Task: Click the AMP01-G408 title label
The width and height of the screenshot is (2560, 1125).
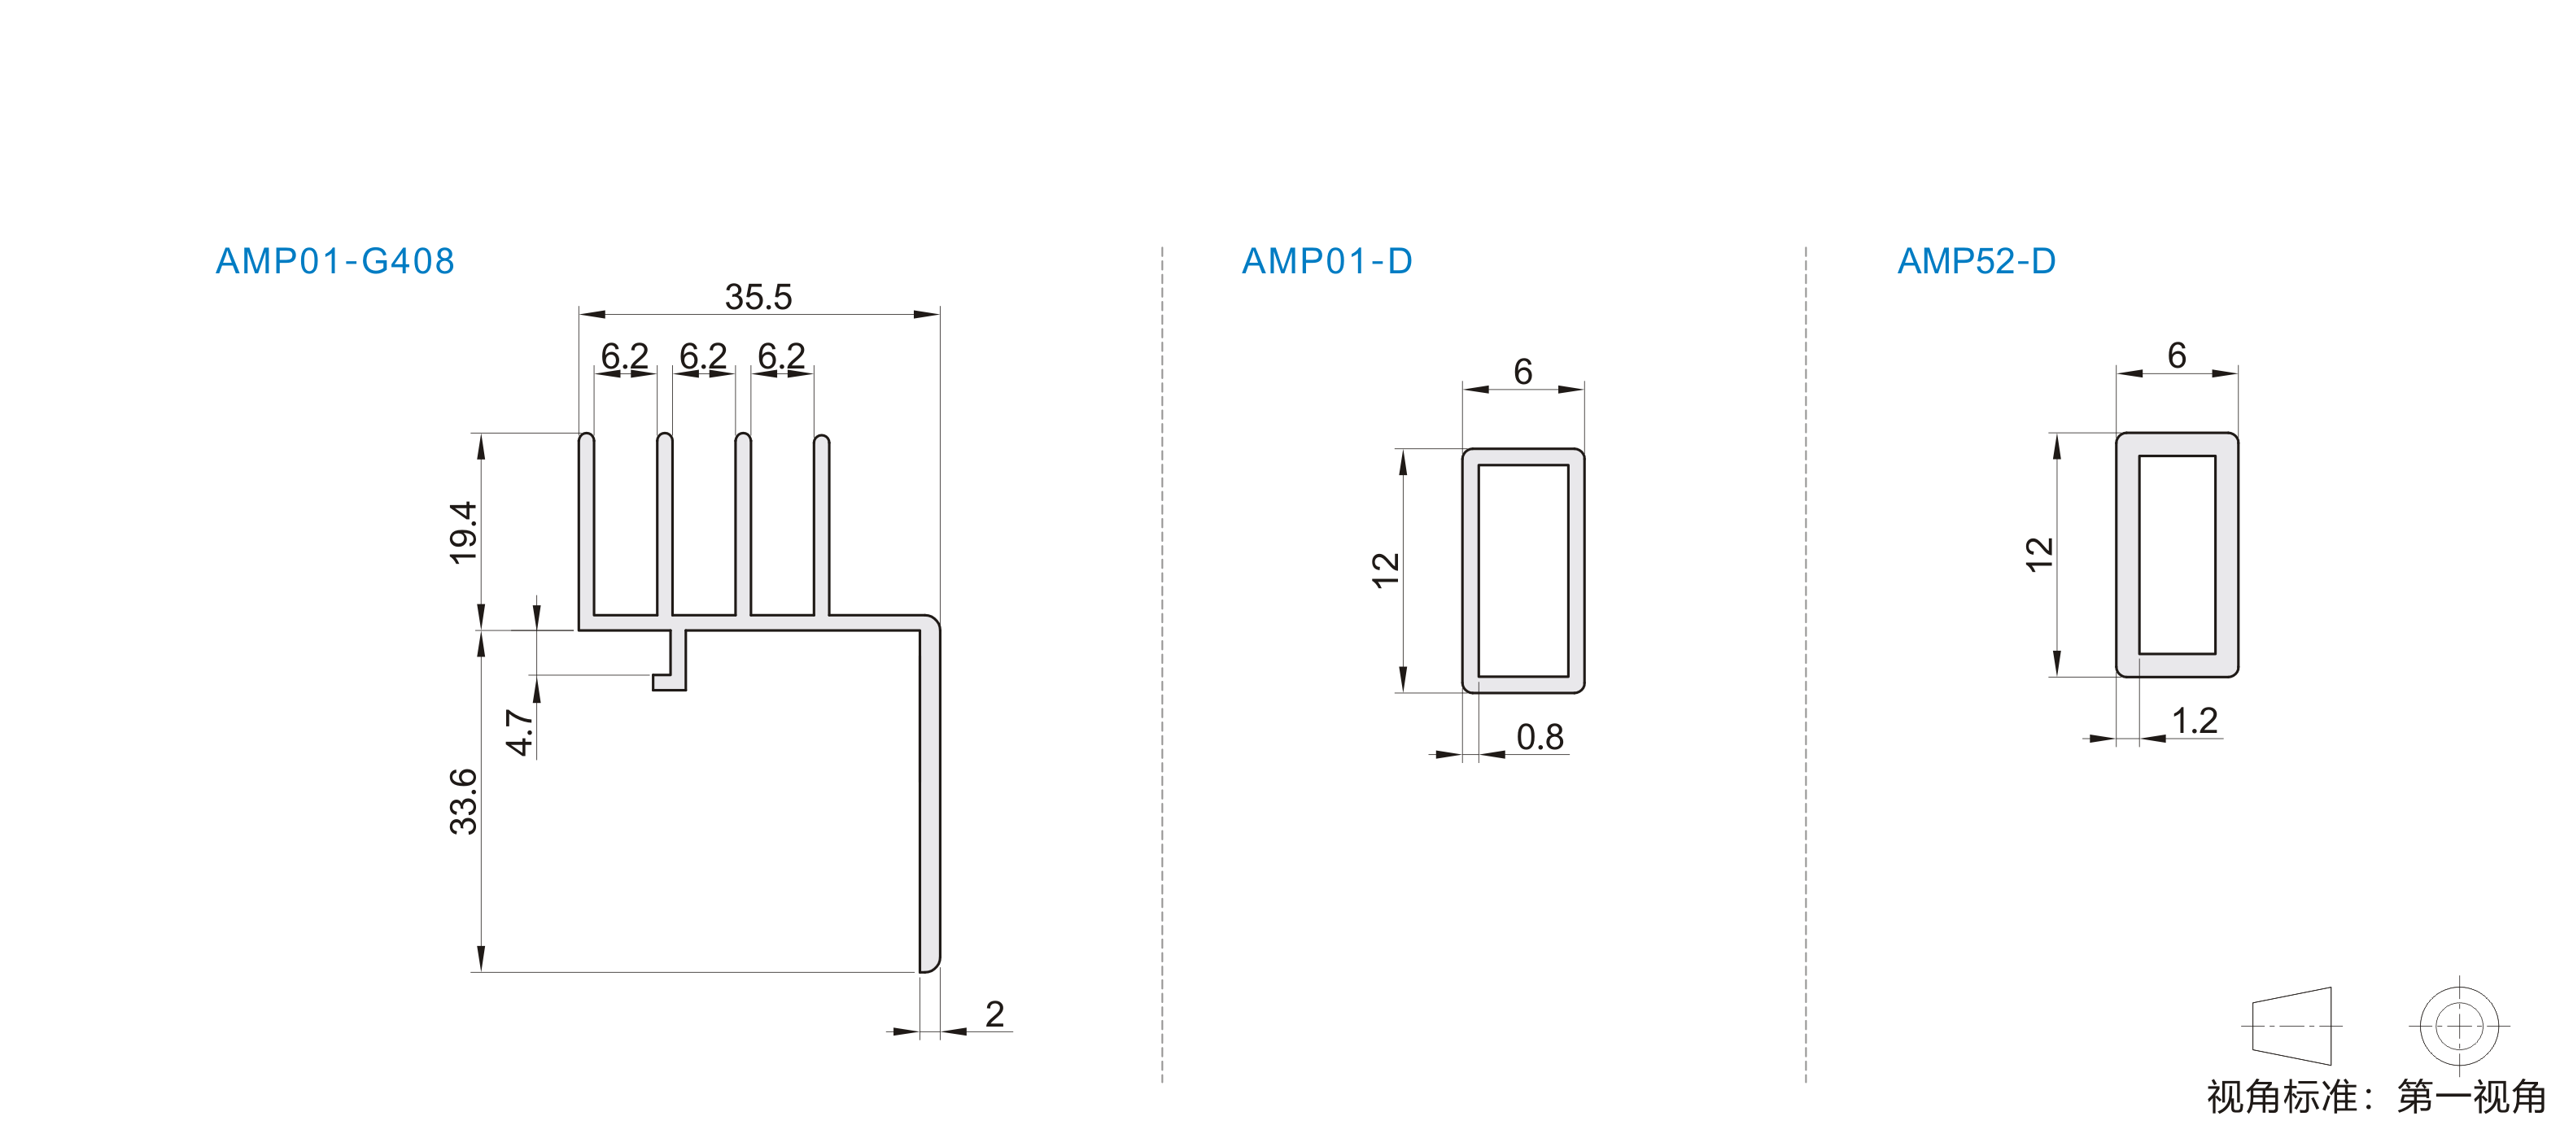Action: (335, 261)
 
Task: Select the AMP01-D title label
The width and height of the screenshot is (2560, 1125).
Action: (1326, 261)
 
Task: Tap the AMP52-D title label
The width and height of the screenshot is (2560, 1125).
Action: (1976, 261)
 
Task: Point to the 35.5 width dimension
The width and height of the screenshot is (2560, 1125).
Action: (758, 296)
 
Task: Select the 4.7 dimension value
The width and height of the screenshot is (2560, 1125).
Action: (520, 732)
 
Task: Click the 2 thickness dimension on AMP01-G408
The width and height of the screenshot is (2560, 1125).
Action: (994, 1014)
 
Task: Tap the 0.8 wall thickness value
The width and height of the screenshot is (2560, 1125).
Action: (1540, 738)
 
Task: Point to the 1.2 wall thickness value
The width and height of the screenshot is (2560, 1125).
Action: (2195, 721)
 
